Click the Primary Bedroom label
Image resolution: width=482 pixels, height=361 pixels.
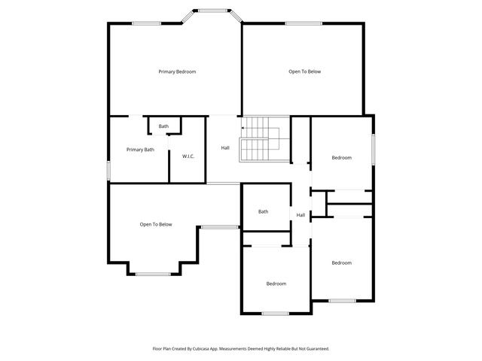[177, 72]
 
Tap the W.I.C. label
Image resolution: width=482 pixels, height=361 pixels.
[188, 156]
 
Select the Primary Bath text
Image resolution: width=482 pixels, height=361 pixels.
[140, 150]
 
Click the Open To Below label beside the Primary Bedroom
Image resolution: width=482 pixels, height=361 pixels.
[304, 71]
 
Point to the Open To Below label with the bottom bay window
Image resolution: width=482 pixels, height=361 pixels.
[156, 224]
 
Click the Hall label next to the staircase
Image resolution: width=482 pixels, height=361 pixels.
[225, 148]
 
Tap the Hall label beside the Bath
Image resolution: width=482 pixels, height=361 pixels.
[300, 215]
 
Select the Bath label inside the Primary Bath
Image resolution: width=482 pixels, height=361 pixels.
[163, 126]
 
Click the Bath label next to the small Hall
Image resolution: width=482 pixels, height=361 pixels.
[263, 211]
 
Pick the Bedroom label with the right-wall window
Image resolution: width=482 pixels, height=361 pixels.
[341, 158]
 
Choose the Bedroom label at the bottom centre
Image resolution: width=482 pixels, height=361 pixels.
[276, 284]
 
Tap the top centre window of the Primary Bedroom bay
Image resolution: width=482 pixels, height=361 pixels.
[212, 11]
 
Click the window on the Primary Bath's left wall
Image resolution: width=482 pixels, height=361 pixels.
[108, 171]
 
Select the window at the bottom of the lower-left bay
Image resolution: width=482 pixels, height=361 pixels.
[153, 274]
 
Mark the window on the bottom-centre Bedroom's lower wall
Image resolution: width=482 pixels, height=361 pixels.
[276, 314]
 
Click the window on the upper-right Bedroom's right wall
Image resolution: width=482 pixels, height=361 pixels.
[374, 149]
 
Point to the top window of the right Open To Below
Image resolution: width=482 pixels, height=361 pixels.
[304, 23]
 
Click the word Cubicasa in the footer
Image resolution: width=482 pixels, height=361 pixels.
[201, 349]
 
